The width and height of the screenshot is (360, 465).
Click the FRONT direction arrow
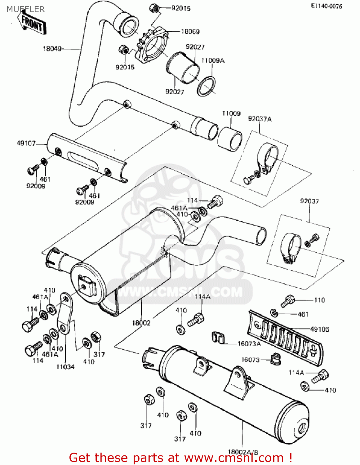(32, 24)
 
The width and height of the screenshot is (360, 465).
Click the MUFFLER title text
(25, 9)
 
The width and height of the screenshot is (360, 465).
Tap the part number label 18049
(52, 49)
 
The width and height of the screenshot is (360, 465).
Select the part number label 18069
(190, 31)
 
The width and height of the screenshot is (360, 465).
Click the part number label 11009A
(213, 60)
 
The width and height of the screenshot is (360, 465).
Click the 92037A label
(260, 119)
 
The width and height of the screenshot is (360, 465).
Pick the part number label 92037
(309, 201)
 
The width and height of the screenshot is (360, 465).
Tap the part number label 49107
(26, 143)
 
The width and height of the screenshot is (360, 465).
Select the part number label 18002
(141, 323)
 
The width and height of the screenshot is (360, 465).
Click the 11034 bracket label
(65, 367)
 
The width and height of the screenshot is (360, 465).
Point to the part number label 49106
(319, 329)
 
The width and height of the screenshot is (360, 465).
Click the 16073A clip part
(218, 338)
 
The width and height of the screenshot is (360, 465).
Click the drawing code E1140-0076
(327, 6)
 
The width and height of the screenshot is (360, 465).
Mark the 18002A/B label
(243, 452)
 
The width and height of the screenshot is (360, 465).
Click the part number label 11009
(231, 113)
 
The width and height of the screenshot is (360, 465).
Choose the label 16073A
(249, 343)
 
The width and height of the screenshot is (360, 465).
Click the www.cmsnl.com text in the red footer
(234, 458)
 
